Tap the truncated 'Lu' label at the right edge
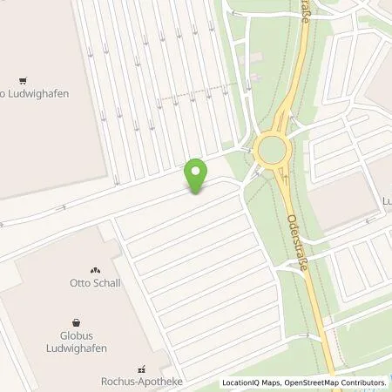[386, 199]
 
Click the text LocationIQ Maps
[250, 382]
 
